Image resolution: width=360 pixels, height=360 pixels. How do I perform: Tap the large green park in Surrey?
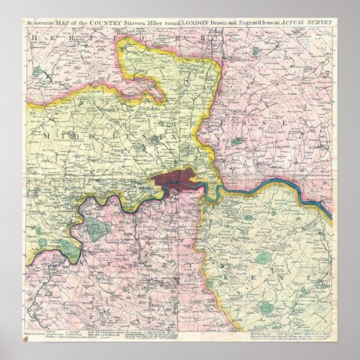click(x=101, y=229)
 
